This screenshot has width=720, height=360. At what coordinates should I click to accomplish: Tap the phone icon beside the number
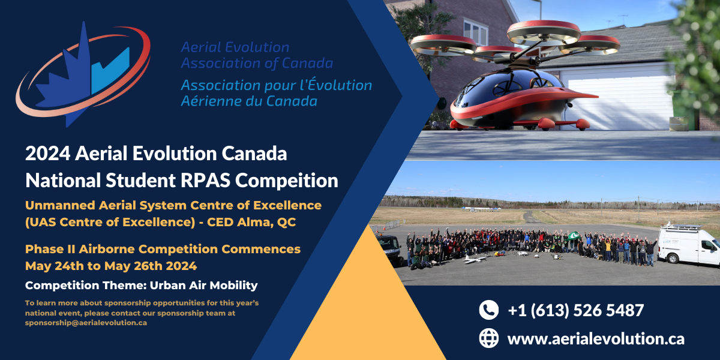tap(489, 310)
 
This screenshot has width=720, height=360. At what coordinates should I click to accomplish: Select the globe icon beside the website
tap(489, 338)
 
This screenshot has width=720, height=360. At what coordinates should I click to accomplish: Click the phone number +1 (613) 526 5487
tap(575, 310)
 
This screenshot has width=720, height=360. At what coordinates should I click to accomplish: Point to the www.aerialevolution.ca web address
tap(596, 338)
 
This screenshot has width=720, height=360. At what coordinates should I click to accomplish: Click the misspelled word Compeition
tap(293, 180)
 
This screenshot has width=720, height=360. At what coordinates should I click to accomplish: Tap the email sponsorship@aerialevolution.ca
tap(86, 323)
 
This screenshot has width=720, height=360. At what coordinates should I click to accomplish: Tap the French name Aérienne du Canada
tap(248, 101)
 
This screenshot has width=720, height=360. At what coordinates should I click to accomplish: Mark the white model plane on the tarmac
tap(477, 259)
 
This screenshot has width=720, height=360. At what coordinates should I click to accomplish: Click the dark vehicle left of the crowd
tap(391, 247)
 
